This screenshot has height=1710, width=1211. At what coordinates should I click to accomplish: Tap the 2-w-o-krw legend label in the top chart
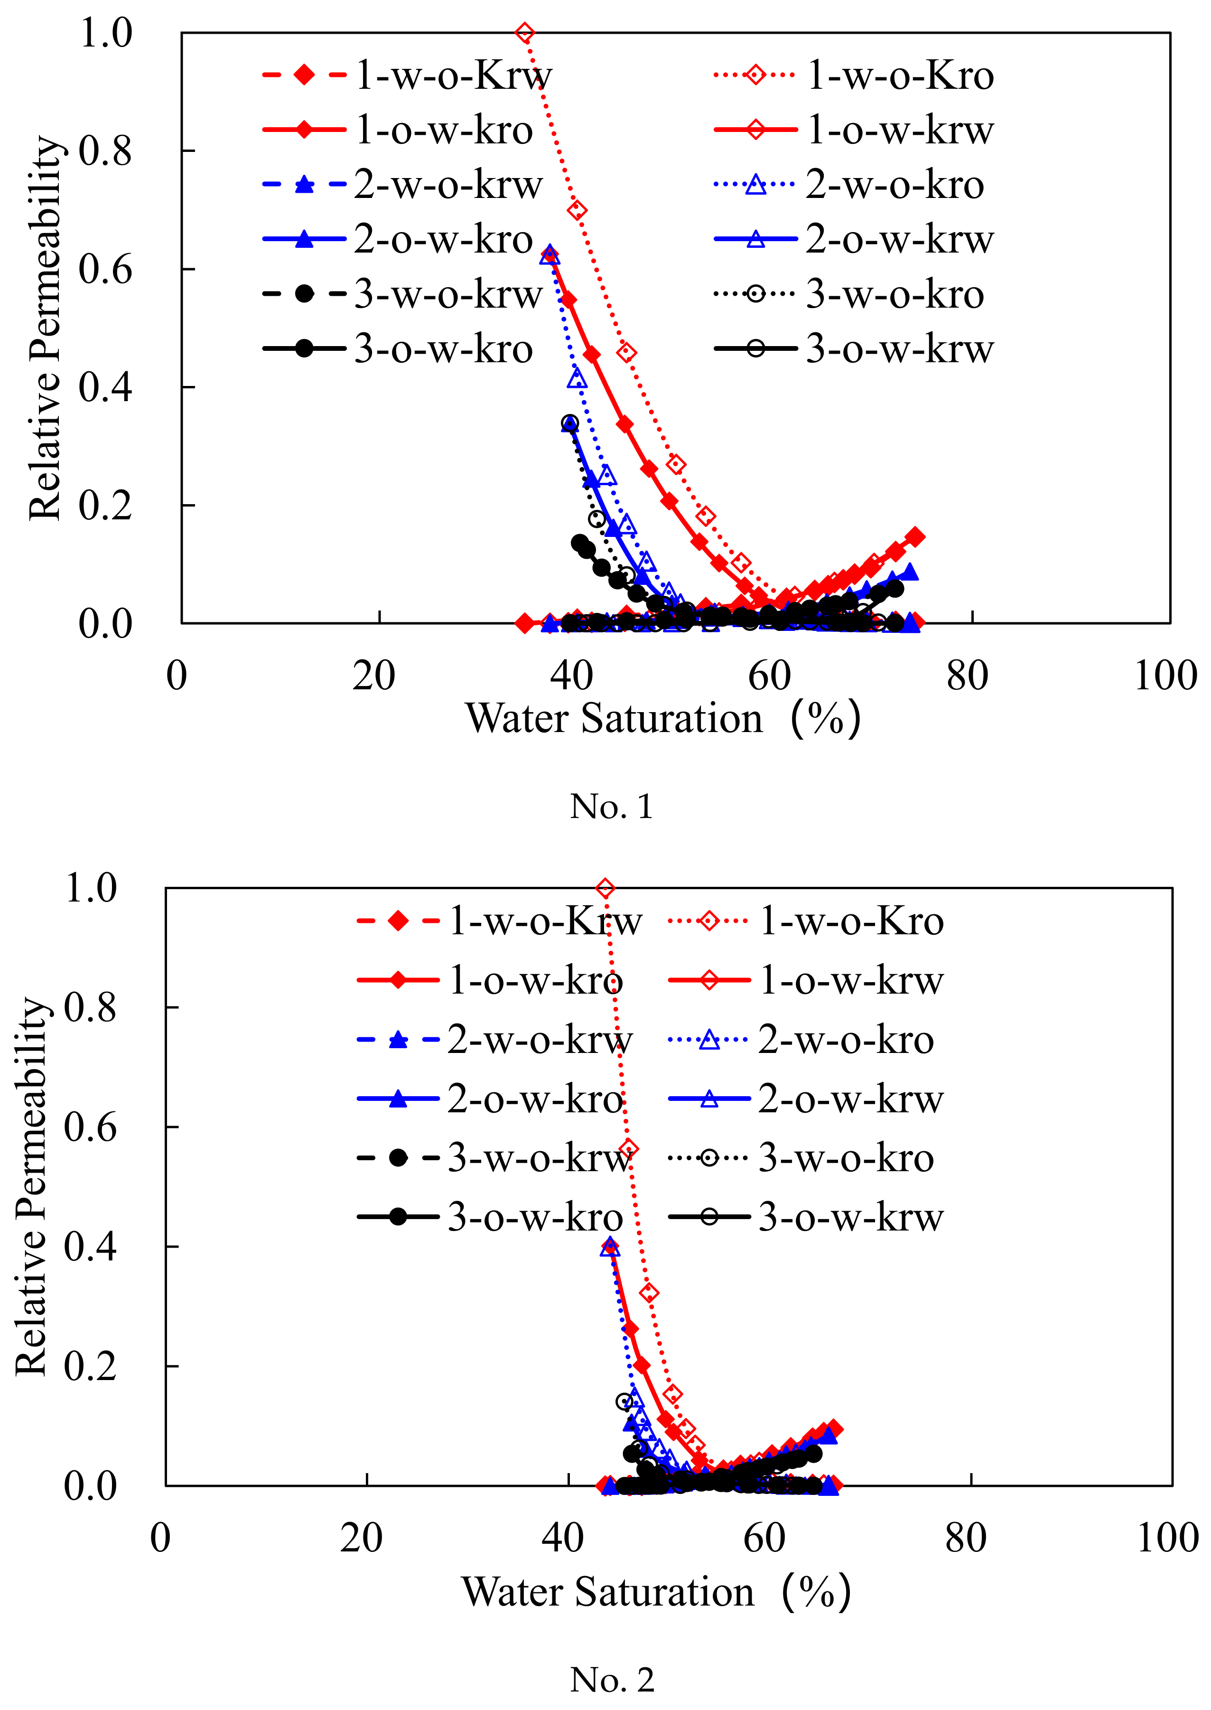click(x=448, y=184)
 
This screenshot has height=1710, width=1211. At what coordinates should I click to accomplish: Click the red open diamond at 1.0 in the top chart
click(x=525, y=33)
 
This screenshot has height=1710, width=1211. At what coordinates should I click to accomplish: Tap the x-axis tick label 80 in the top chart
click(x=967, y=676)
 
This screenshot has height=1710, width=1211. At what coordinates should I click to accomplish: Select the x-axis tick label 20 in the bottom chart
click(x=362, y=1538)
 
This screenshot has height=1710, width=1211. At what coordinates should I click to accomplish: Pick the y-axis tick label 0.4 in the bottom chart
click(x=90, y=1247)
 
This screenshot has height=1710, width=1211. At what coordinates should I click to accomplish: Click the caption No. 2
click(x=612, y=1680)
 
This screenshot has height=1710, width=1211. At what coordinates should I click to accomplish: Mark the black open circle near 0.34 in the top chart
click(x=570, y=423)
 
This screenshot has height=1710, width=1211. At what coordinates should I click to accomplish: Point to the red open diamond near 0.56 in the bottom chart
click(x=629, y=1149)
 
